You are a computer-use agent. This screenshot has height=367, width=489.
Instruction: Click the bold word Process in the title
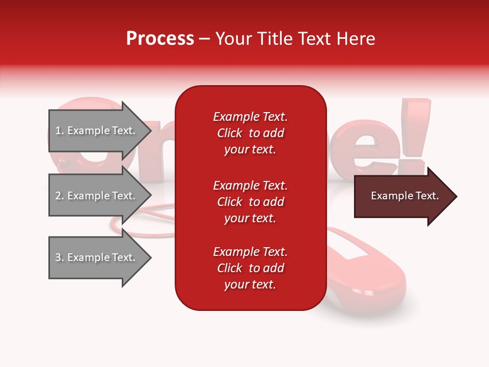[x=160, y=39]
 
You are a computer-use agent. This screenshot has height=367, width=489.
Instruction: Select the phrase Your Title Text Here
[x=295, y=39]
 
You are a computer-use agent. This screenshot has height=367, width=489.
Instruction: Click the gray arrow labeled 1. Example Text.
[x=96, y=130]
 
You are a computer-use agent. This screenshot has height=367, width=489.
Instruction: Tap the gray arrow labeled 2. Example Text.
[x=96, y=196]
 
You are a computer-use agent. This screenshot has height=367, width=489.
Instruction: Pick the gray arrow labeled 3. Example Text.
[x=96, y=257]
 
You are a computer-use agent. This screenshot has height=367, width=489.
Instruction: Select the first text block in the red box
[x=250, y=133]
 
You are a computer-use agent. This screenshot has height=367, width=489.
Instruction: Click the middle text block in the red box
[x=250, y=202]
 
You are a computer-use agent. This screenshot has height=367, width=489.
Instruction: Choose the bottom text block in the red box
[x=250, y=268]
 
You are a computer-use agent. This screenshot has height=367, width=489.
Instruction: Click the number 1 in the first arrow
[x=58, y=130]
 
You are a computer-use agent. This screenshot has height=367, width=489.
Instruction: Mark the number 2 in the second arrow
[x=58, y=196]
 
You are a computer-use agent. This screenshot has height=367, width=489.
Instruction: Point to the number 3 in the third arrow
[x=58, y=257]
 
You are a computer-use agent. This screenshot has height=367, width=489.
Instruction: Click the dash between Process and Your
[x=204, y=39]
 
